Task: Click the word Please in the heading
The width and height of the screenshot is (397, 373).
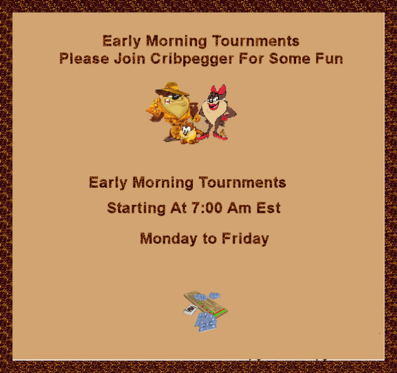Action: (x=84, y=59)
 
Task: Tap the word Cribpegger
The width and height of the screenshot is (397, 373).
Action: (x=192, y=59)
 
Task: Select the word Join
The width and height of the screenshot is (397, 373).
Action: (x=130, y=58)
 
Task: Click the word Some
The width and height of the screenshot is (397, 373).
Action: (x=290, y=59)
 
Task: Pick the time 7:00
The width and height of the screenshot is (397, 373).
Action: (x=206, y=208)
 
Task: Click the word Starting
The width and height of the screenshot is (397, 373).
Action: (x=136, y=208)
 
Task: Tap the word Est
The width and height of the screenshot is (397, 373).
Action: (x=269, y=208)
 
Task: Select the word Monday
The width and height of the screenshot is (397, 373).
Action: (x=169, y=239)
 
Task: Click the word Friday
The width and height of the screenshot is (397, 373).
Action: (x=245, y=239)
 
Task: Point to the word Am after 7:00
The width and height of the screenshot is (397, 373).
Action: (x=239, y=208)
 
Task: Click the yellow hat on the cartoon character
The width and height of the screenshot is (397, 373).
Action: (x=172, y=89)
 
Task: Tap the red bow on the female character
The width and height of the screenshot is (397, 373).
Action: (x=218, y=90)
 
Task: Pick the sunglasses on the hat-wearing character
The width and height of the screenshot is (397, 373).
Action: (x=174, y=97)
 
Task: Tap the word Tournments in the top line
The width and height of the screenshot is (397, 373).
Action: (x=256, y=41)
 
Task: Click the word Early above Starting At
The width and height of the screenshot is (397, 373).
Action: (x=108, y=183)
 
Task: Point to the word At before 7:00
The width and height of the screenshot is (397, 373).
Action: (x=178, y=208)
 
